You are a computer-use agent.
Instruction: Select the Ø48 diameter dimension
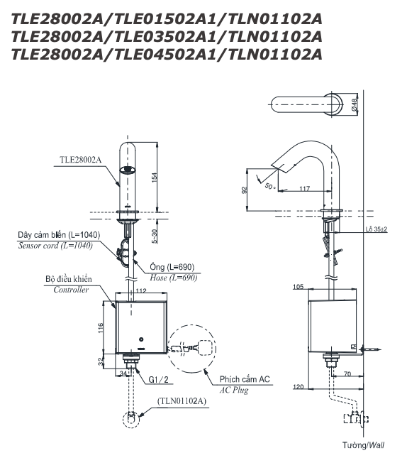355,105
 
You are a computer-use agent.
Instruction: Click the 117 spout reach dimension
303,187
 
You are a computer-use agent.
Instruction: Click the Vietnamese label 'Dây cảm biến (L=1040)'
60,234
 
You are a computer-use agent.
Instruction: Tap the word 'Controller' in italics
71,290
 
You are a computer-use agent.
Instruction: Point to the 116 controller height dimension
101,327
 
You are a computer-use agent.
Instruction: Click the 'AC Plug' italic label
234,391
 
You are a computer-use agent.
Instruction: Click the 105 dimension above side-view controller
297,286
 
